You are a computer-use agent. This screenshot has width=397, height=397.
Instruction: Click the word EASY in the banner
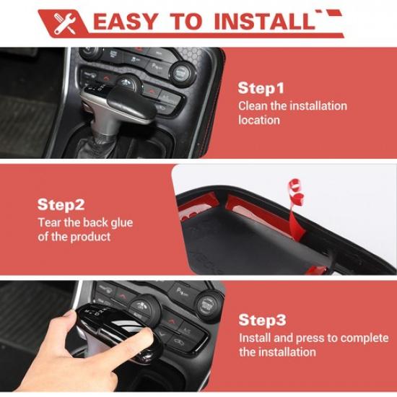(126, 22)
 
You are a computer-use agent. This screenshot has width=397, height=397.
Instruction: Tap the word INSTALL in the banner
(265, 22)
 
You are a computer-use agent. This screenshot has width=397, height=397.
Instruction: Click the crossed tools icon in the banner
(64, 23)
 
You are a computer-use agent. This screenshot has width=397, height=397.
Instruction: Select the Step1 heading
(261, 89)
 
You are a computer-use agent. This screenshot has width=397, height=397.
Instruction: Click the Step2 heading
(61, 204)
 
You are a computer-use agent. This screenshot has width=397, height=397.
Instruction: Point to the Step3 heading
(262, 320)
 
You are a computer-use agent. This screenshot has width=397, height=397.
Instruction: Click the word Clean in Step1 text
(253, 106)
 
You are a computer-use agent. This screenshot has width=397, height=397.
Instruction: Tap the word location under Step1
(259, 120)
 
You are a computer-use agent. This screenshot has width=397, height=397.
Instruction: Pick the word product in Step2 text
(90, 237)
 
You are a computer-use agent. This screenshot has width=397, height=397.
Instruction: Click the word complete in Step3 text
(365, 339)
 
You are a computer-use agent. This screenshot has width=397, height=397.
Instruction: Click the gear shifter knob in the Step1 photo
(119, 104)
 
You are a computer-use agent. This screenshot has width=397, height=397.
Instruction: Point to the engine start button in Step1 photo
(180, 74)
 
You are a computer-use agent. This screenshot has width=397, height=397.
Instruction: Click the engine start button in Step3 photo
(208, 305)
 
